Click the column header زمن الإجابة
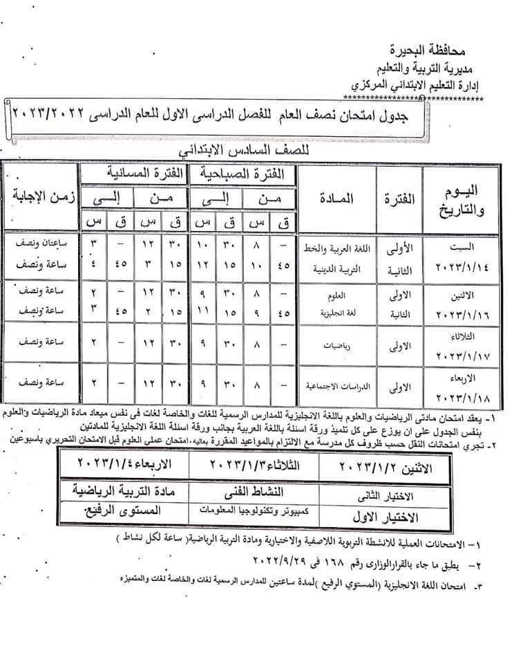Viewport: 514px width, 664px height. click(x=40, y=196)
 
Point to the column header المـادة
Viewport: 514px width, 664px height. click(x=337, y=199)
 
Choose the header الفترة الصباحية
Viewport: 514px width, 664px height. click(x=243, y=173)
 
